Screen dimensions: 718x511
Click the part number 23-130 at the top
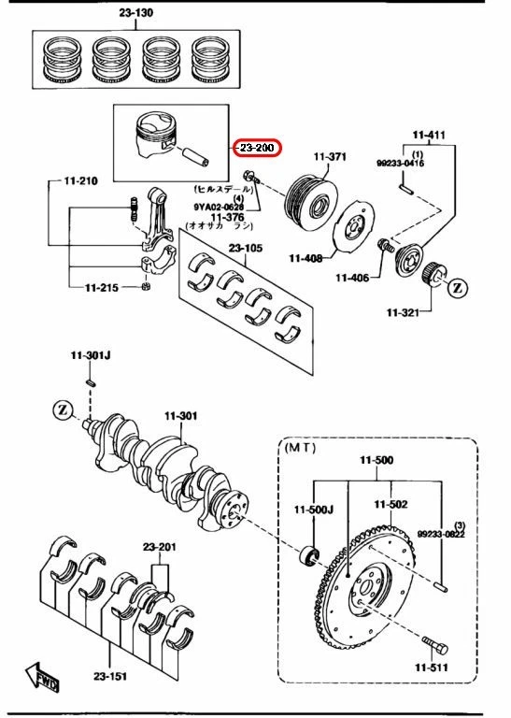[135, 13]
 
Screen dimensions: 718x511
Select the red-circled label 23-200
[257, 148]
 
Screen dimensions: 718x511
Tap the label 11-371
[330, 156]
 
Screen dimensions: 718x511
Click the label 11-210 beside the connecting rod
[80, 179]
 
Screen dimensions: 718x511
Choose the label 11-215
[102, 287]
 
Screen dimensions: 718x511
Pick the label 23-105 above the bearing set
[246, 248]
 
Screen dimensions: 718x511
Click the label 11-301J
[90, 355]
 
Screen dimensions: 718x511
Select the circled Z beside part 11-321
[458, 289]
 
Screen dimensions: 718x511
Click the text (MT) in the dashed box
[301, 448]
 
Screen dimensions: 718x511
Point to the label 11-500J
[313, 510]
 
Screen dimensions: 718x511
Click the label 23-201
[161, 547]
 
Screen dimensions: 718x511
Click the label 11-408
[305, 258]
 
